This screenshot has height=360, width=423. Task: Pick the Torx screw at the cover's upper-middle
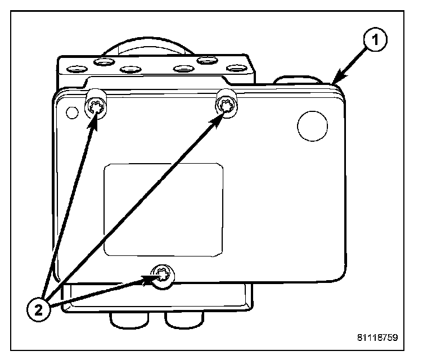click(x=227, y=103)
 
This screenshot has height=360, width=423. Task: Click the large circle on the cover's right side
click(x=312, y=125)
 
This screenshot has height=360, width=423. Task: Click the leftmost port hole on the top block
click(x=76, y=69)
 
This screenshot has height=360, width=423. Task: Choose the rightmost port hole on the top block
click(x=236, y=69)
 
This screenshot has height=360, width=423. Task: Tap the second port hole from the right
click(x=208, y=60)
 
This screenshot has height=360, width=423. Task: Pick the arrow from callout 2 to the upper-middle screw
click(x=141, y=203)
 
